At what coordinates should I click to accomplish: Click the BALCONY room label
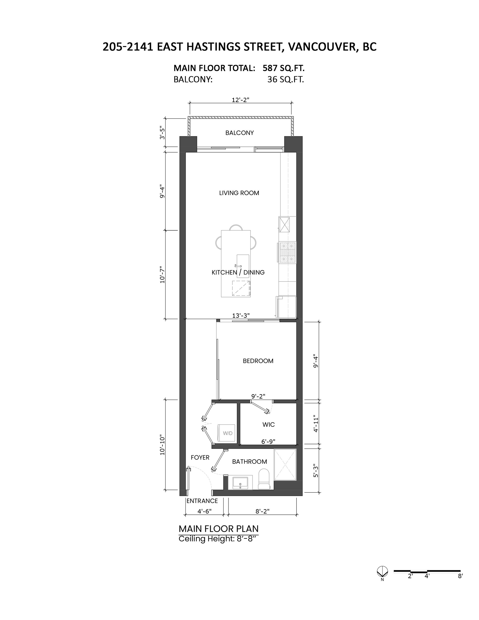pos(239,133)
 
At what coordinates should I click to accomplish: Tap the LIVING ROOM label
pos(239,193)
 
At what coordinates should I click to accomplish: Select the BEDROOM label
pos(258,361)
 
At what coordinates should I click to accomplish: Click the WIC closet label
pos(268,424)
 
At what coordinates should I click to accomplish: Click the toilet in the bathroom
pos(264,479)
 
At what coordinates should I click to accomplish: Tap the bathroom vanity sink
pos(240,483)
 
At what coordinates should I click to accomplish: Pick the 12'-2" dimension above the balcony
pos(241,100)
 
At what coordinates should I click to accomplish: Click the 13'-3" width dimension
pos(241,316)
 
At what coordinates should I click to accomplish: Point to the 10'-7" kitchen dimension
pos(162,274)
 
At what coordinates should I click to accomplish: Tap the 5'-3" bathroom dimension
pos(316,471)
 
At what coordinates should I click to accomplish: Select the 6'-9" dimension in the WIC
pos(268,442)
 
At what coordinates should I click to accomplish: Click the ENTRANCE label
pos(202,501)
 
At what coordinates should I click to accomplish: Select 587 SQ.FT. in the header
pos(283,68)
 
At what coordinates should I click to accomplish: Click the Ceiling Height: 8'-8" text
pos(219,539)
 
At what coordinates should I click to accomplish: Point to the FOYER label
pos(200,457)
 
